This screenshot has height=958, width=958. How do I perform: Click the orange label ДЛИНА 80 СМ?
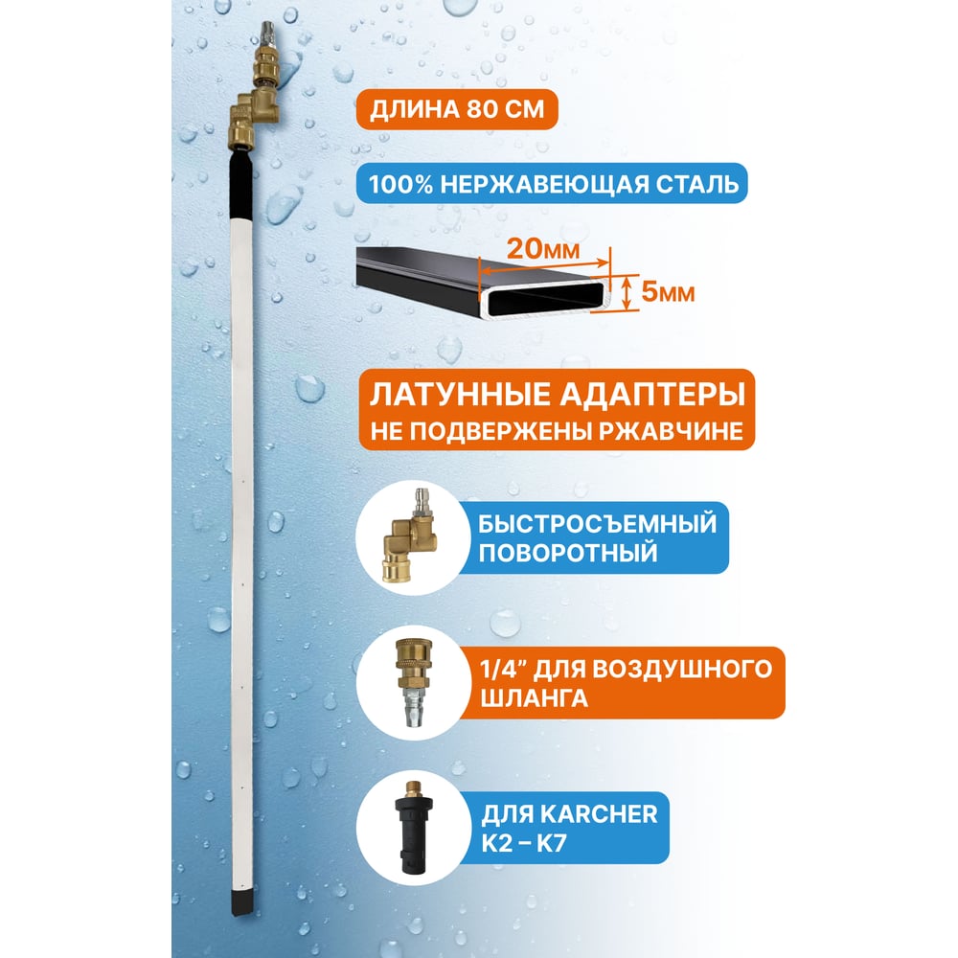pyautogui.click(x=457, y=109)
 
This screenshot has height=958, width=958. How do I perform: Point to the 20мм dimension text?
pyautogui.click(x=543, y=249)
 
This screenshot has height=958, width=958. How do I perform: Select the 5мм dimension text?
pyautogui.click(x=668, y=292)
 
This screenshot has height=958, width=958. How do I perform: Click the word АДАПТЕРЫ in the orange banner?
pyautogui.click(x=653, y=394)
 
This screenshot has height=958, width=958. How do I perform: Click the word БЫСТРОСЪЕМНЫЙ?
pyautogui.click(x=597, y=524)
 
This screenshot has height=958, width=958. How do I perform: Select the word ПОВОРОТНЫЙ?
pyautogui.click(x=567, y=553)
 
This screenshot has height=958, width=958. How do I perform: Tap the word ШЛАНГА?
pyautogui.click(x=534, y=697)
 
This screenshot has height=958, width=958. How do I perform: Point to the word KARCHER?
pyautogui.click(x=599, y=814)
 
